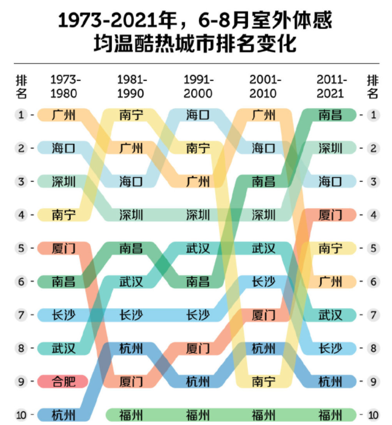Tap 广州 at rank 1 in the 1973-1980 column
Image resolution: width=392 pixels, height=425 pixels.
[64, 114]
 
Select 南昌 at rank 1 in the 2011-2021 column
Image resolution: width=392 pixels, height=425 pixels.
[330, 114]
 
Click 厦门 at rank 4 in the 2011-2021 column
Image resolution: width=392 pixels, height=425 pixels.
[330, 215]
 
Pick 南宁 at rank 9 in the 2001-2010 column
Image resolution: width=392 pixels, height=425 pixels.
[264, 381]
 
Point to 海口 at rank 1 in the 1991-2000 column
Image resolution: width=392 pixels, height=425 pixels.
[198, 114]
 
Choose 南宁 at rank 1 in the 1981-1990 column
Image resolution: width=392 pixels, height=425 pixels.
[131, 114]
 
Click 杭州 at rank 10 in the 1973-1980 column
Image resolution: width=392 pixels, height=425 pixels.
[64, 415]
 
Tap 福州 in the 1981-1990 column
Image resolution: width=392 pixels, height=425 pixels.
[131, 415]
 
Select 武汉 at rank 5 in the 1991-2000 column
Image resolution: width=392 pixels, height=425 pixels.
[198, 248]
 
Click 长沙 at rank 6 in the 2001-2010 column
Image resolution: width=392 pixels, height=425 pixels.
[264, 281]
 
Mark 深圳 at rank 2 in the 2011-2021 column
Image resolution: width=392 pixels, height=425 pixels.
[330, 148]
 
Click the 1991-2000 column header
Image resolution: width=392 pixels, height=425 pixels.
[198, 86]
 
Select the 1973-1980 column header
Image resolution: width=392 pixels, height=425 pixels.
[65, 86]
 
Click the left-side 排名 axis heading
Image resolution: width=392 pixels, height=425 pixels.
[21, 86]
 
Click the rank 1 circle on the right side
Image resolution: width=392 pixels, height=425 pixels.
[373, 114]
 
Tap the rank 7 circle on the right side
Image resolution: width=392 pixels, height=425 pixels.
[373, 315]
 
